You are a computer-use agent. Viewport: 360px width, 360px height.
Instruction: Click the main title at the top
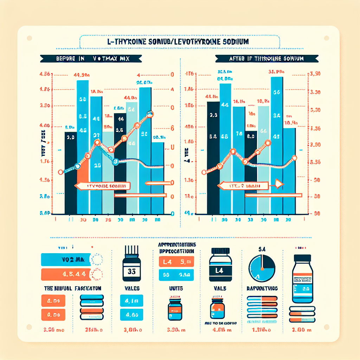(x=180, y=41)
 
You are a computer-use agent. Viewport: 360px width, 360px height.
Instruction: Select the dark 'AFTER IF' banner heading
(x=268, y=59)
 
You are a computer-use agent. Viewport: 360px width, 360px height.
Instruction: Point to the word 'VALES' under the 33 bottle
(x=132, y=288)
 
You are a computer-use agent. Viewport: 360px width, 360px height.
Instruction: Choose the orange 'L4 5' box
(x=176, y=262)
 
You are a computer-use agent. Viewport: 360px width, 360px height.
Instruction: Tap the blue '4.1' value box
(x=131, y=301)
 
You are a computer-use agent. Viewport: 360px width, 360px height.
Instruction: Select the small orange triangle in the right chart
(x=279, y=183)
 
